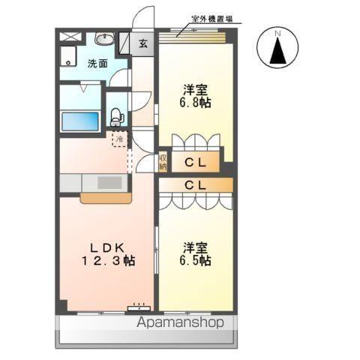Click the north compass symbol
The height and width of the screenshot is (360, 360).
pos(277,49)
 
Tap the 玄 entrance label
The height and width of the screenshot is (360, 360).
pos(142,43)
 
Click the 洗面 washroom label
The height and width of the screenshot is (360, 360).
pos(97,64)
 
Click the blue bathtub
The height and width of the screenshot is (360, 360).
pos(80,121)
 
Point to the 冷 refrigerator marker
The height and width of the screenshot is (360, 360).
pos(118,139)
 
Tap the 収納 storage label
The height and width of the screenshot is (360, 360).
pos(163,162)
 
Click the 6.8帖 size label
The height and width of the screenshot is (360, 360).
pos(194,102)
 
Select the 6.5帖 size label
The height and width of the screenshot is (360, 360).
pos(194,260)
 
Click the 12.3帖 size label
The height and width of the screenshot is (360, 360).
pos(109,261)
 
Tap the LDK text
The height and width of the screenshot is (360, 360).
pos(107,247)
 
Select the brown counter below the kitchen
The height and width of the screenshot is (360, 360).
pos(106,199)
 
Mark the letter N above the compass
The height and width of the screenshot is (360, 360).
pos(277,34)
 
